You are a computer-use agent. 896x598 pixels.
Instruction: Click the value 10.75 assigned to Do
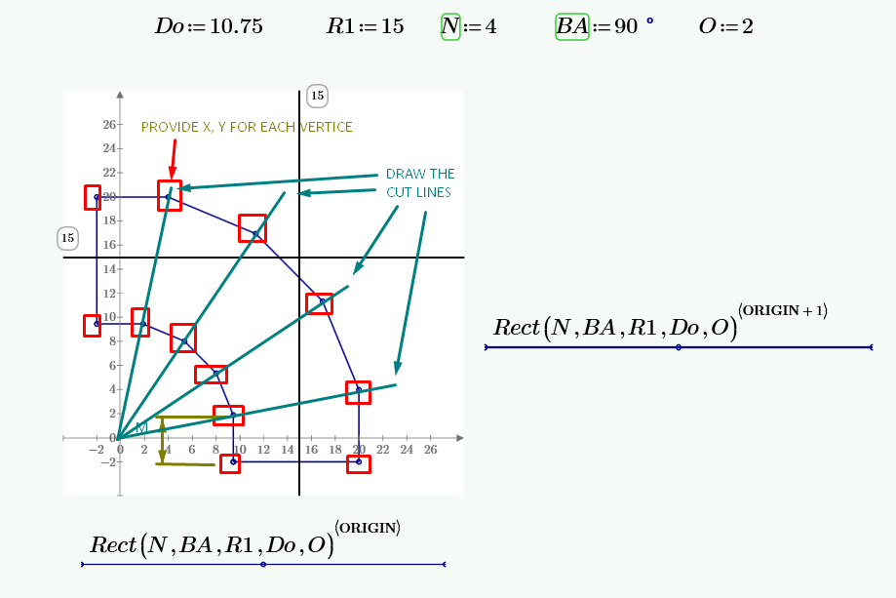click(235, 26)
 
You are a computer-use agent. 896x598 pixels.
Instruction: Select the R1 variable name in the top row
click(339, 26)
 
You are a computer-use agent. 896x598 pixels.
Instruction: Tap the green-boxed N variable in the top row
click(449, 26)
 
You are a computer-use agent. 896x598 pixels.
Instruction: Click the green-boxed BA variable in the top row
click(571, 26)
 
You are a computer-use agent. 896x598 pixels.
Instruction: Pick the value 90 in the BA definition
click(626, 26)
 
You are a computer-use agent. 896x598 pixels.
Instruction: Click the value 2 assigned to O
click(747, 26)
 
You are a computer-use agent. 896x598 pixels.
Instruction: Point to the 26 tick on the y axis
click(109, 125)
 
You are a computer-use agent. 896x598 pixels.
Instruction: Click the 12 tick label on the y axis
click(109, 294)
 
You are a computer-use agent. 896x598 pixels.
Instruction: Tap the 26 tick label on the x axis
click(430, 449)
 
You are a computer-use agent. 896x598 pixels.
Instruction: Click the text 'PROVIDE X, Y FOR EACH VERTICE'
click(247, 127)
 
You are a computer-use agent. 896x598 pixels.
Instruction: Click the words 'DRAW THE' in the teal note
click(420, 174)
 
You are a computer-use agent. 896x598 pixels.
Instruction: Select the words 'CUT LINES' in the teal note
click(418, 192)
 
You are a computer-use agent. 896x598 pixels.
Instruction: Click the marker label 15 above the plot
click(317, 95)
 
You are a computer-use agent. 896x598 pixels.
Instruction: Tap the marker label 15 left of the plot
click(67, 237)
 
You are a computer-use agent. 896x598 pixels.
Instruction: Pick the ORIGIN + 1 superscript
click(782, 310)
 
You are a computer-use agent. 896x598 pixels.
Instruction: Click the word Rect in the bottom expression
click(111, 544)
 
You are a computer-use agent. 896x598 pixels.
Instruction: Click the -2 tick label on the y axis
click(108, 462)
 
